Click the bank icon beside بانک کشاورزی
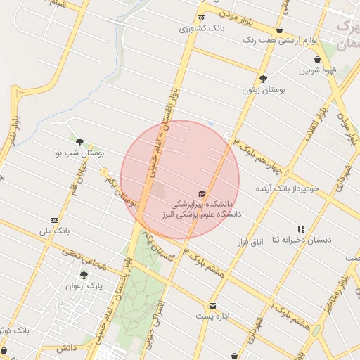point(202,18)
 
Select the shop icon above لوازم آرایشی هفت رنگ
point(280,30)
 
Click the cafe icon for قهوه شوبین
point(318,59)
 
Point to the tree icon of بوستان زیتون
point(263,79)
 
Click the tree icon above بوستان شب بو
point(79,141)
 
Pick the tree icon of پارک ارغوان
point(84,275)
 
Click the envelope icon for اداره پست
point(212,305)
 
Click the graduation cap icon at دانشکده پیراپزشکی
point(202,193)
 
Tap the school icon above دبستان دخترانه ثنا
point(302,229)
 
